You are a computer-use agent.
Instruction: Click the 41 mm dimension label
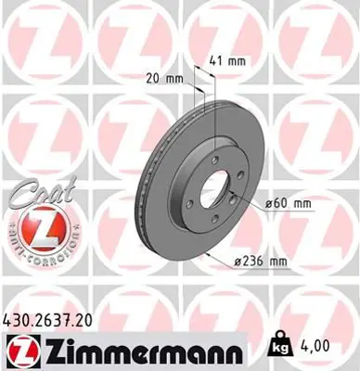point(228,60)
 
